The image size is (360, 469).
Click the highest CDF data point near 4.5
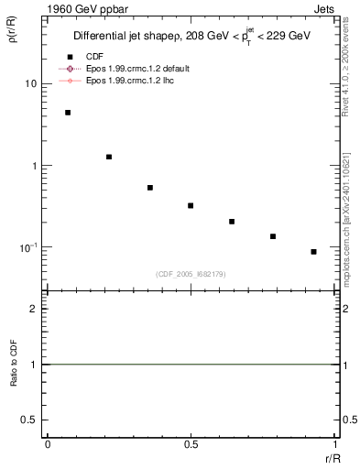pyautogui.click(x=68, y=113)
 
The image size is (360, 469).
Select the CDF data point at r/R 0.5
pyautogui.click(x=191, y=205)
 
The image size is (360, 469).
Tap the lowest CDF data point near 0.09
pyautogui.click(x=313, y=251)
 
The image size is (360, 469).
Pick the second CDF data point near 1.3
pyautogui.click(x=109, y=157)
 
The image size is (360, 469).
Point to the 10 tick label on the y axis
pyautogui.click(x=30, y=84)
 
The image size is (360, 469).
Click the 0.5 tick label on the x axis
pyautogui.click(x=191, y=444)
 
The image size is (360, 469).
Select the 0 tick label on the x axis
pyautogui.click(x=48, y=444)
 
